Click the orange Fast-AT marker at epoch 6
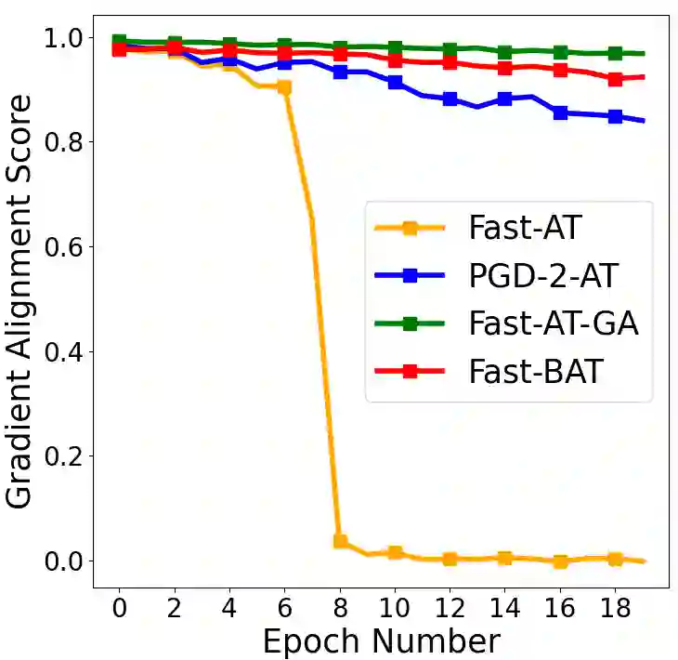click(x=284, y=87)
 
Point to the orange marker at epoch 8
click(x=340, y=541)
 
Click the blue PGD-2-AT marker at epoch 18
click(x=615, y=117)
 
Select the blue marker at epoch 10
click(x=395, y=83)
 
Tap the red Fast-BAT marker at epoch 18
click(x=615, y=80)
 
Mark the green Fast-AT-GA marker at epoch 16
click(x=560, y=53)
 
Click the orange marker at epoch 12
click(x=450, y=559)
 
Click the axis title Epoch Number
click(x=381, y=641)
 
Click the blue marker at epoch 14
click(x=505, y=99)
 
